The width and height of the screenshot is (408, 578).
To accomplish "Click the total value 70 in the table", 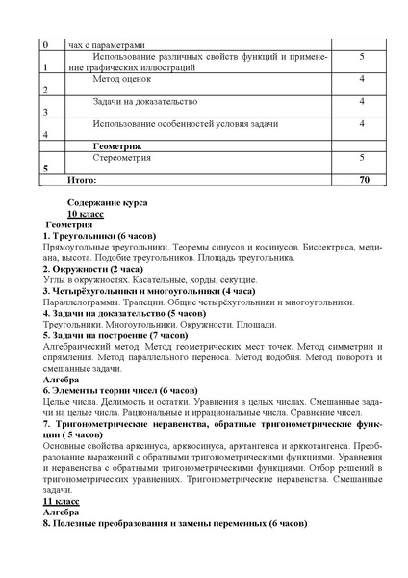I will pyautogui.click(x=363, y=179).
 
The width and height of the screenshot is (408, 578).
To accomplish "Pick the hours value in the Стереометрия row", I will pyautogui.click(x=361, y=155).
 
